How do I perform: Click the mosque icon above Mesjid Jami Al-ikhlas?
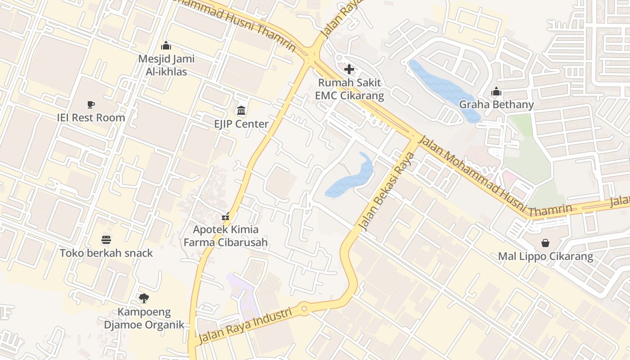(166, 46)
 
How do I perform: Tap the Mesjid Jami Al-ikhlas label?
(166, 65)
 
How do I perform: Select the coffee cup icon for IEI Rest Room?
(91, 105)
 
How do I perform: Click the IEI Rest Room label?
(91, 118)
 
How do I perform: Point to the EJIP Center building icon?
(241, 110)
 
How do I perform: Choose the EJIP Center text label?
(241, 124)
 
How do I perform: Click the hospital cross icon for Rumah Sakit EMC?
(349, 69)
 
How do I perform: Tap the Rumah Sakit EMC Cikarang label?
(349, 89)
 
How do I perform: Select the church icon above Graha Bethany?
(496, 92)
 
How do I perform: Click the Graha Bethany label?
(496, 105)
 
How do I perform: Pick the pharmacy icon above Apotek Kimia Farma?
(226, 216)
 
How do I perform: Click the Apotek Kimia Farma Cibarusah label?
(230, 236)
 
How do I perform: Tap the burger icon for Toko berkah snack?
(106, 240)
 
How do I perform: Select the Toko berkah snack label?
(106, 253)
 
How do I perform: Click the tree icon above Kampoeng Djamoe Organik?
(144, 298)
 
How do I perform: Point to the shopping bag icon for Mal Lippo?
(545, 243)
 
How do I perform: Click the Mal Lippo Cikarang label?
(545, 257)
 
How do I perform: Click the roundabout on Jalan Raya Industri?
(304, 309)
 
